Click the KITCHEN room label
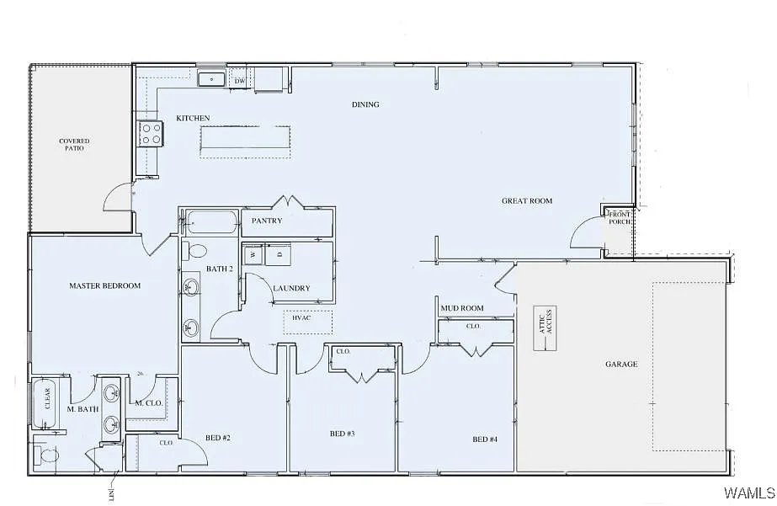[193, 118]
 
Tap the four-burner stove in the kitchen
[151, 134]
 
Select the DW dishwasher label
[240, 81]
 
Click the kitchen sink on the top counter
[211, 80]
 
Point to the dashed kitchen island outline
[245, 141]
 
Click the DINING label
[365, 104]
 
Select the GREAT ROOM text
[527, 201]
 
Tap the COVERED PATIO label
[74, 145]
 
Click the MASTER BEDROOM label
[104, 286]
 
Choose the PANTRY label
[268, 221]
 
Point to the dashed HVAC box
[307, 322]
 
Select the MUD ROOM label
[462, 308]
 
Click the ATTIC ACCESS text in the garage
[545, 322]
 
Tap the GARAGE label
[621, 365]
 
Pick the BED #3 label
[342, 434]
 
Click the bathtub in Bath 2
[211, 222]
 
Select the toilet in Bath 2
[196, 251]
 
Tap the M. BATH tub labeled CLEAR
[45, 400]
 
